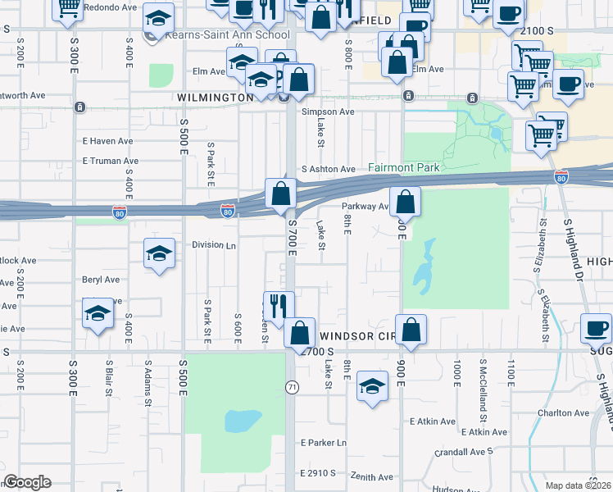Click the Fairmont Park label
[x=405, y=167]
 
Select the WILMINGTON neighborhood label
[x=215, y=98]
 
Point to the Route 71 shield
[x=291, y=386]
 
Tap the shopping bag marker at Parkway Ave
[x=405, y=203]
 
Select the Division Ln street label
[x=214, y=244]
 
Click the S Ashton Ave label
[x=328, y=169]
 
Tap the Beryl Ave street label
[x=101, y=279]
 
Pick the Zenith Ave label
[x=371, y=477]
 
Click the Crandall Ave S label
[x=465, y=451]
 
